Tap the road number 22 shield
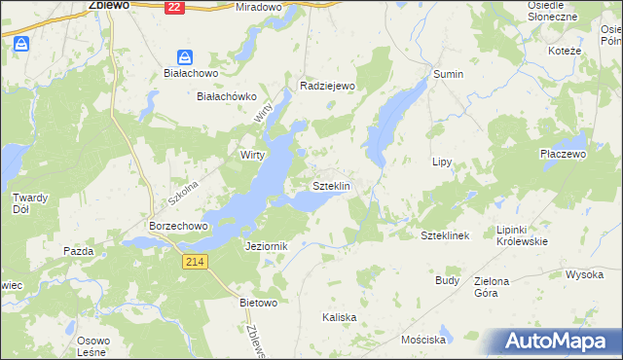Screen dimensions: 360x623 click(x=173, y=6)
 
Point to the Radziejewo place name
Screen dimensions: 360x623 click(x=330, y=86)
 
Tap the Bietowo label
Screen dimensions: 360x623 click(x=259, y=303)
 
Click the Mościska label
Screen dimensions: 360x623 click(x=422, y=341)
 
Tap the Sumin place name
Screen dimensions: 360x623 click(x=449, y=74)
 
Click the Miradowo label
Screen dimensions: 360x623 click(x=258, y=7)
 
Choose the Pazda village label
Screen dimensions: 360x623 click(x=78, y=251)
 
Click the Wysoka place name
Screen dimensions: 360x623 click(x=584, y=274)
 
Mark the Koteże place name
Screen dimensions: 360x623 click(x=565, y=51)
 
